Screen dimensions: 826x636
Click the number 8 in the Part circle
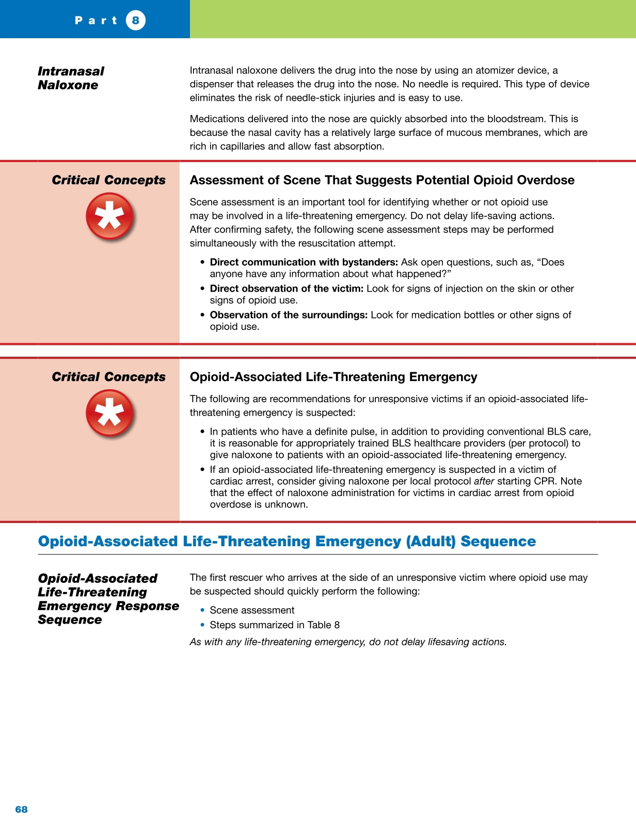click(x=135, y=21)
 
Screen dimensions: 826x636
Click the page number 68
click(x=22, y=809)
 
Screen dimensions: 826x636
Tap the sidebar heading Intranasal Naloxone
click(x=71, y=78)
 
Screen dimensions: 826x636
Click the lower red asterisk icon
click(x=109, y=414)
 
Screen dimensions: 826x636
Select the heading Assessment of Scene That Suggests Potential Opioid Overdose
click(x=382, y=180)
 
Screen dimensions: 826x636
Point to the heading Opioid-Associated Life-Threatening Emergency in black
click(x=333, y=377)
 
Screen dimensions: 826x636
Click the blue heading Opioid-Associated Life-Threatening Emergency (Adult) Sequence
click(x=287, y=542)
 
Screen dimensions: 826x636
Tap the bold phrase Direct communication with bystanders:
click(x=304, y=262)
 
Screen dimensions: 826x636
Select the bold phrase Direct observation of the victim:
click(x=287, y=289)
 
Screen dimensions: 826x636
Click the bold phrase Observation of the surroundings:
click(x=289, y=315)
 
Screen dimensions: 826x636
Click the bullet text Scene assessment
click(x=252, y=610)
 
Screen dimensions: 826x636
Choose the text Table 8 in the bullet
click(x=323, y=625)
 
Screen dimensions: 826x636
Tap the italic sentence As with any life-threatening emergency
click(x=348, y=642)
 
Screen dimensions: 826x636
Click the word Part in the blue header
click(x=97, y=21)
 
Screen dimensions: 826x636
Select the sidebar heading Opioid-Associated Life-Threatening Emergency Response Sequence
click(x=108, y=599)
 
